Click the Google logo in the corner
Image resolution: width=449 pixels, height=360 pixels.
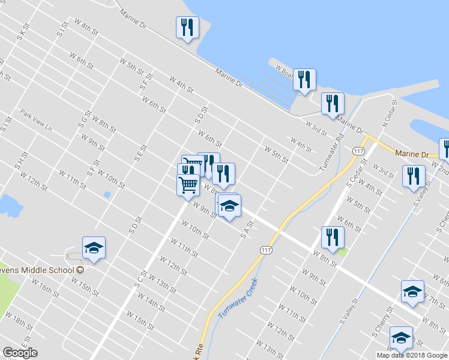pos(20,353)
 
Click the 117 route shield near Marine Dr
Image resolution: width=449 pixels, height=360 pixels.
pos(359,151)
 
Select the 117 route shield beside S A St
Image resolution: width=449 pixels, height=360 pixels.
pos(266,248)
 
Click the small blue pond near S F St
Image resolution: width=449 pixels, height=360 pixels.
pos(107,194)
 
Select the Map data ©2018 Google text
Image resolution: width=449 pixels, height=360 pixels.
pos(412,355)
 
